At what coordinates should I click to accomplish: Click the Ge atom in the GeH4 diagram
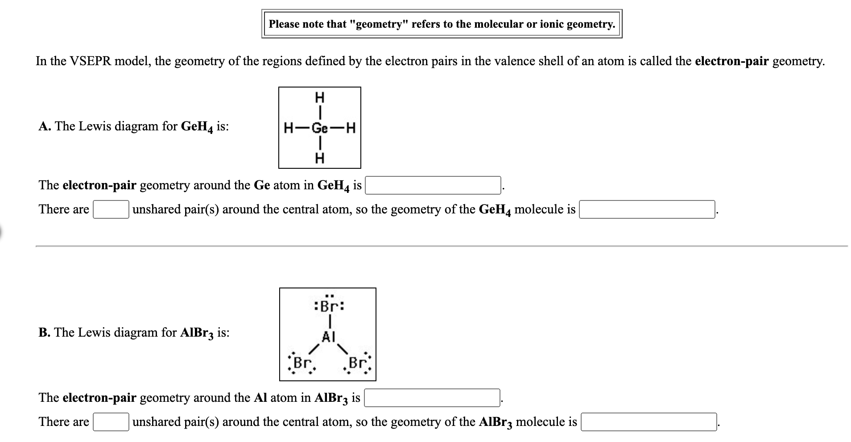point(319,129)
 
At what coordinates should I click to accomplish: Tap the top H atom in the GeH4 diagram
point(320,97)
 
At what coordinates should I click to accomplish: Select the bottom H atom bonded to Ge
point(320,158)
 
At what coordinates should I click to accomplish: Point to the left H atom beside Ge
point(288,129)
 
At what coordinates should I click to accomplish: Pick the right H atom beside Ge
point(351,129)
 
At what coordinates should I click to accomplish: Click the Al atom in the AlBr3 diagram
point(328,337)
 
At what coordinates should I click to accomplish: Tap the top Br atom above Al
point(329,307)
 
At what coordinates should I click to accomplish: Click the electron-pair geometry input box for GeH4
point(433,185)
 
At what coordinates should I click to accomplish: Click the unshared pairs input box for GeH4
point(111,209)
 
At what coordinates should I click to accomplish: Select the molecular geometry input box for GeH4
point(647,209)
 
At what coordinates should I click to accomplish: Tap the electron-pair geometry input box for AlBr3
point(432,398)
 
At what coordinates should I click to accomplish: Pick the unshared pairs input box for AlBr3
point(111,422)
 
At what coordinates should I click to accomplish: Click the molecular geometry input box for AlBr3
point(649,422)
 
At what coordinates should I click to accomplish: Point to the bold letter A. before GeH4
point(44,126)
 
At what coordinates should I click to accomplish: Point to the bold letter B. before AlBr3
point(44,333)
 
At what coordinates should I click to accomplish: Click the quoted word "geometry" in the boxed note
point(378,24)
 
